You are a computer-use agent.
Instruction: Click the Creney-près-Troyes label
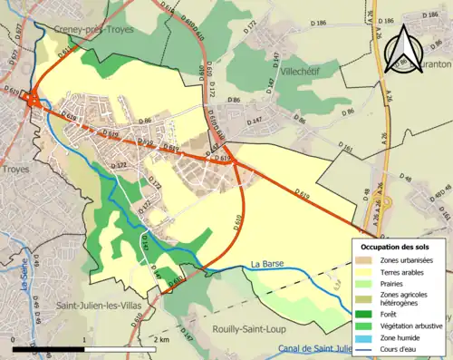tap(90, 29)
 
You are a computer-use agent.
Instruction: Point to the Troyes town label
tap(15, 169)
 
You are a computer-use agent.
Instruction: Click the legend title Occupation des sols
tap(397, 246)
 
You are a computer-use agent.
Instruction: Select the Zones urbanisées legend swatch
tap(365, 260)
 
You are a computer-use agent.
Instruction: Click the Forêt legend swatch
tap(365, 315)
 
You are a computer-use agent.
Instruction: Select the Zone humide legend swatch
tap(365, 337)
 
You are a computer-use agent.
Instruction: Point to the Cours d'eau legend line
tap(365, 348)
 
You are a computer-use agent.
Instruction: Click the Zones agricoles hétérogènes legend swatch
tap(365, 297)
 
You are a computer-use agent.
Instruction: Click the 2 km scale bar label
tap(162, 339)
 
